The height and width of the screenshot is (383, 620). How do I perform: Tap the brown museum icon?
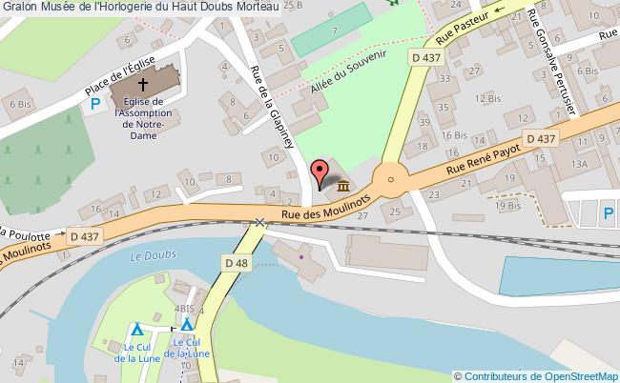(x=341, y=184)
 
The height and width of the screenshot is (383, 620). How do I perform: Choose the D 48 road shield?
(x=237, y=262)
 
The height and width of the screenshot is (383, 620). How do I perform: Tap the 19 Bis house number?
(x=507, y=204)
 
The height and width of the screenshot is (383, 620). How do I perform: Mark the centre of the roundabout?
(x=389, y=176)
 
